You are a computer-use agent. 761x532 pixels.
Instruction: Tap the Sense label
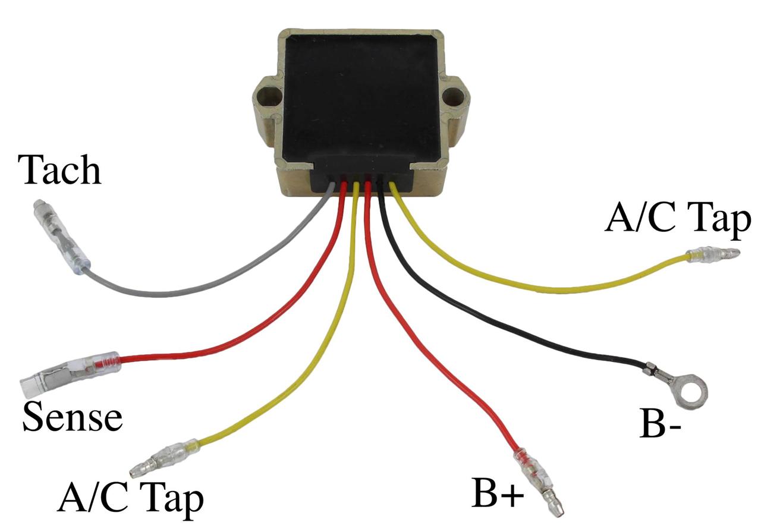(x=73, y=417)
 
